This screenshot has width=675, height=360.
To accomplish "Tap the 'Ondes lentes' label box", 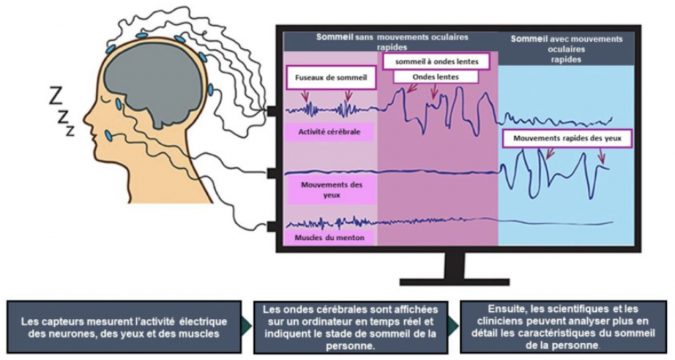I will coord(435,76).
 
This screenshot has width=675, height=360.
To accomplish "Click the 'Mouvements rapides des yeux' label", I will coord(566,138).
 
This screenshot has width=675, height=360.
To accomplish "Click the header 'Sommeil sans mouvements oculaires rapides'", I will coord(392,42).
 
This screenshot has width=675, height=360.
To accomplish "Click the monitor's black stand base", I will coord(454,282).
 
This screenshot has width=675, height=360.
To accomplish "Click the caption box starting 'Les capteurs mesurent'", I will coord(124,327).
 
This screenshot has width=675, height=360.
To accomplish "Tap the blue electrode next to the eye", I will coord(119,104).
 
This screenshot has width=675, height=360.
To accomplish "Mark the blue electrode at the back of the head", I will coord(210,90).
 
